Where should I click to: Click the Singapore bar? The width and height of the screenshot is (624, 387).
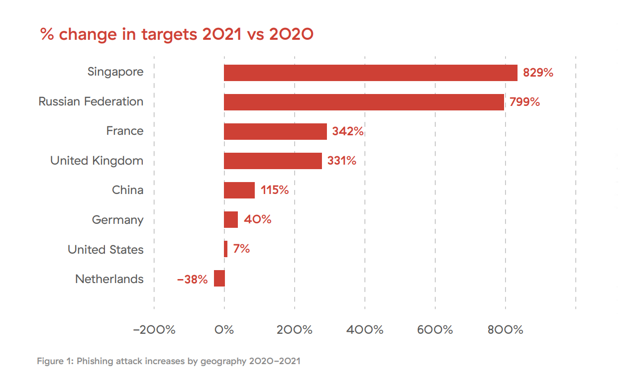tap(370, 73)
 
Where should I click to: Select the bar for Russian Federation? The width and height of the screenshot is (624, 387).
tap(364, 102)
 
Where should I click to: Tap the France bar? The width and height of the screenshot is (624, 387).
tap(275, 131)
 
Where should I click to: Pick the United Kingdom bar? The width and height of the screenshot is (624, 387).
tap(273, 161)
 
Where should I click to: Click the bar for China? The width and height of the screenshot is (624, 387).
tap(239, 190)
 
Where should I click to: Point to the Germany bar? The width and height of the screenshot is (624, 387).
tap(231, 219)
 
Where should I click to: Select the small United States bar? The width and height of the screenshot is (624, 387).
tap(225, 249)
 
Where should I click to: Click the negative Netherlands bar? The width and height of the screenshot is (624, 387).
tap(219, 279)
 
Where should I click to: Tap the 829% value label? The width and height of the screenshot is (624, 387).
tap(538, 73)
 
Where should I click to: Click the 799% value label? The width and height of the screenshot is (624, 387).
tap(524, 102)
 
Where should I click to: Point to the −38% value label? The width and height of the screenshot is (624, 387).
tap(192, 280)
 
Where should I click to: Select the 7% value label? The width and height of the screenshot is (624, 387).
tap(241, 249)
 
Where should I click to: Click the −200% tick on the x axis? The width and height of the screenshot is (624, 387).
tap(155, 330)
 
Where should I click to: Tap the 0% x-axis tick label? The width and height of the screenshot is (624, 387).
tap(224, 330)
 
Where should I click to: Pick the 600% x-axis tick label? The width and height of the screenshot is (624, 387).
tap(435, 330)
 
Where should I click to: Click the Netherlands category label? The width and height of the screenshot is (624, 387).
tap(109, 279)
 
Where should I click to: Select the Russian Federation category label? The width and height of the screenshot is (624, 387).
tap(91, 101)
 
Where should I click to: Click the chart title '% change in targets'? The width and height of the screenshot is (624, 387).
tap(177, 35)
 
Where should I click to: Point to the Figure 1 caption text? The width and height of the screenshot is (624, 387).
tap(169, 361)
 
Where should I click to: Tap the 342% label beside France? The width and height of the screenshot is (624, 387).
tap(348, 132)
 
